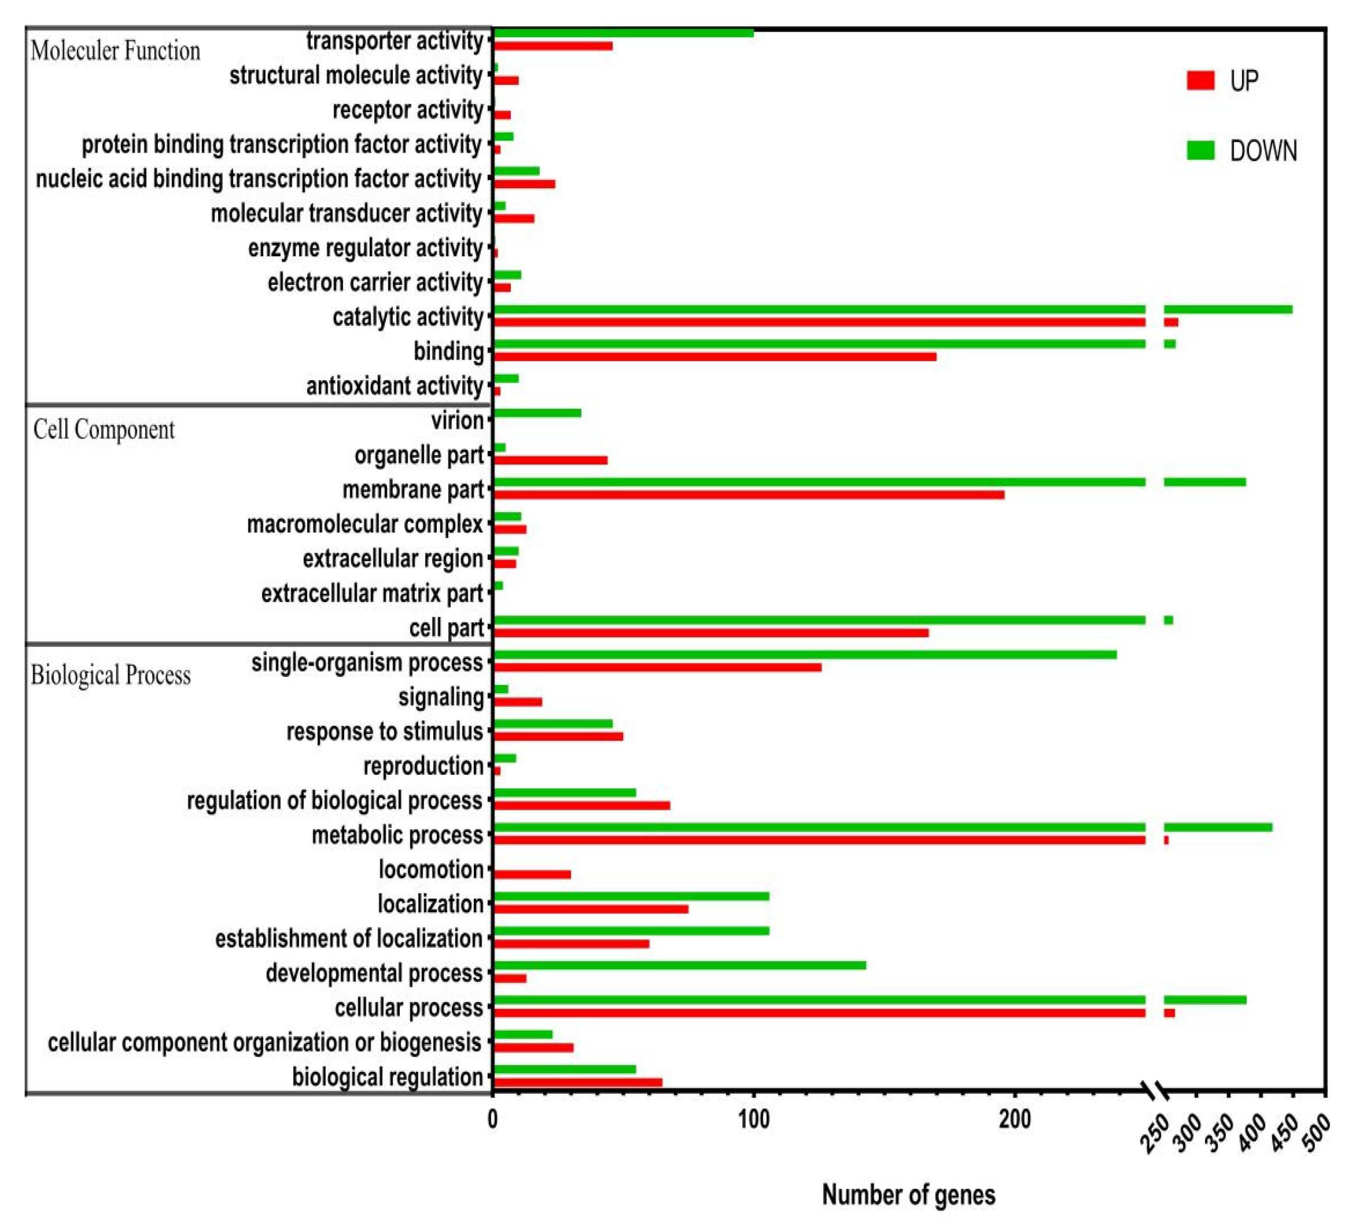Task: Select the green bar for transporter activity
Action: tap(623, 33)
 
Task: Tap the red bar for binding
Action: tap(714, 356)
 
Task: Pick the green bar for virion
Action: tap(537, 413)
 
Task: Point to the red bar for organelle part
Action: tap(550, 460)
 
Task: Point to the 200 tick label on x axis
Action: tap(1015, 1120)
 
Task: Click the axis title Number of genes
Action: tap(908, 1195)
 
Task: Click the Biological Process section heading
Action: tap(111, 675)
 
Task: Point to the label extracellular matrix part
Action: tap(372, 594)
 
